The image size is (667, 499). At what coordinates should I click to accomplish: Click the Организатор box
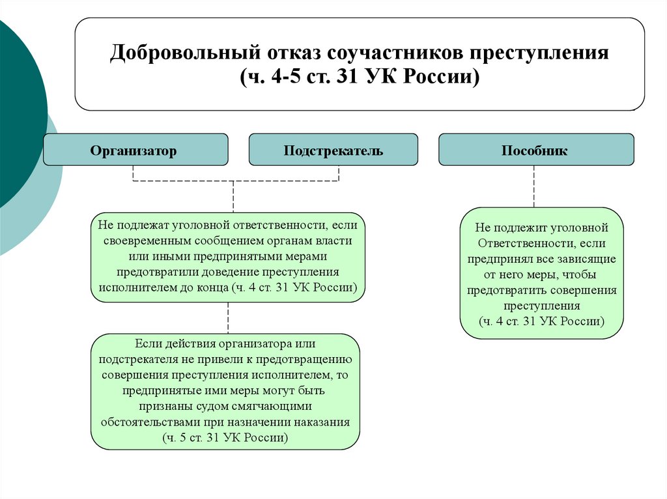(135, 150)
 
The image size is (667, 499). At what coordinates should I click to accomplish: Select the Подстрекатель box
(333, 150)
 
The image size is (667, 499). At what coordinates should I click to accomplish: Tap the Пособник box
(535, 150)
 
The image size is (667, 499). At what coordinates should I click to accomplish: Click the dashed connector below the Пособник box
(535, 186)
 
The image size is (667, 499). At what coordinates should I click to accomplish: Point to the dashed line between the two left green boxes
(228, 318)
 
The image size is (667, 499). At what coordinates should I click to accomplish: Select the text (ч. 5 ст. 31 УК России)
(225, 438)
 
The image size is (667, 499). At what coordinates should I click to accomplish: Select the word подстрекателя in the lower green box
(134, 359)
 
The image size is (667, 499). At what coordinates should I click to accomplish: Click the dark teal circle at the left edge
(16, 111)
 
